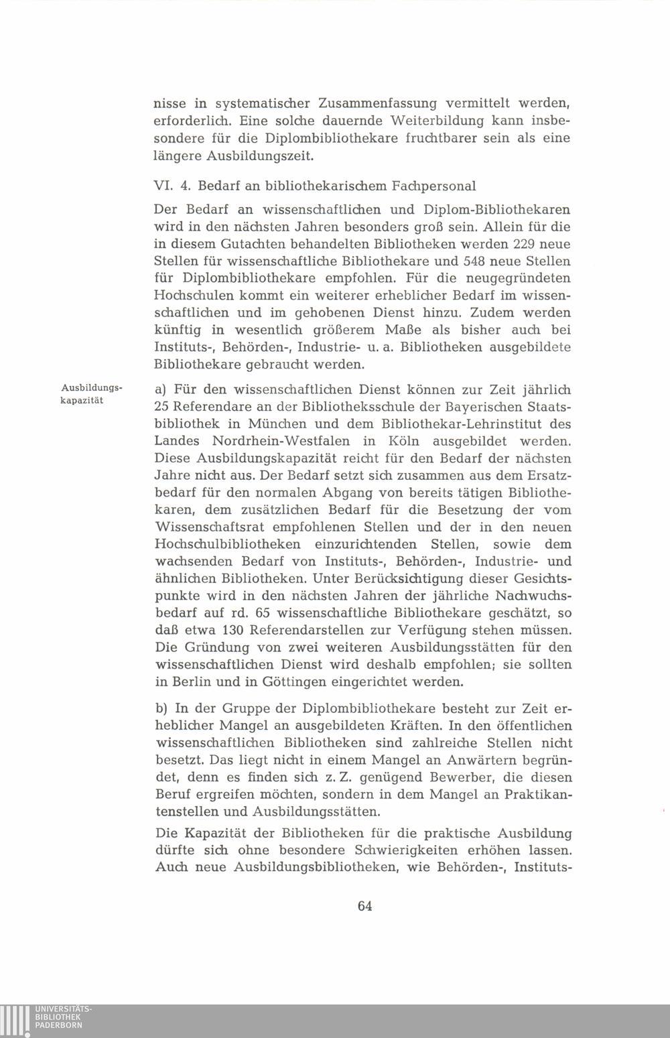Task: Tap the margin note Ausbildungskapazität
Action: pos(90,394)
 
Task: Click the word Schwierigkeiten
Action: pos(410,851)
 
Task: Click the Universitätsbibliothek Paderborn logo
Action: pos(47,1020)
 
